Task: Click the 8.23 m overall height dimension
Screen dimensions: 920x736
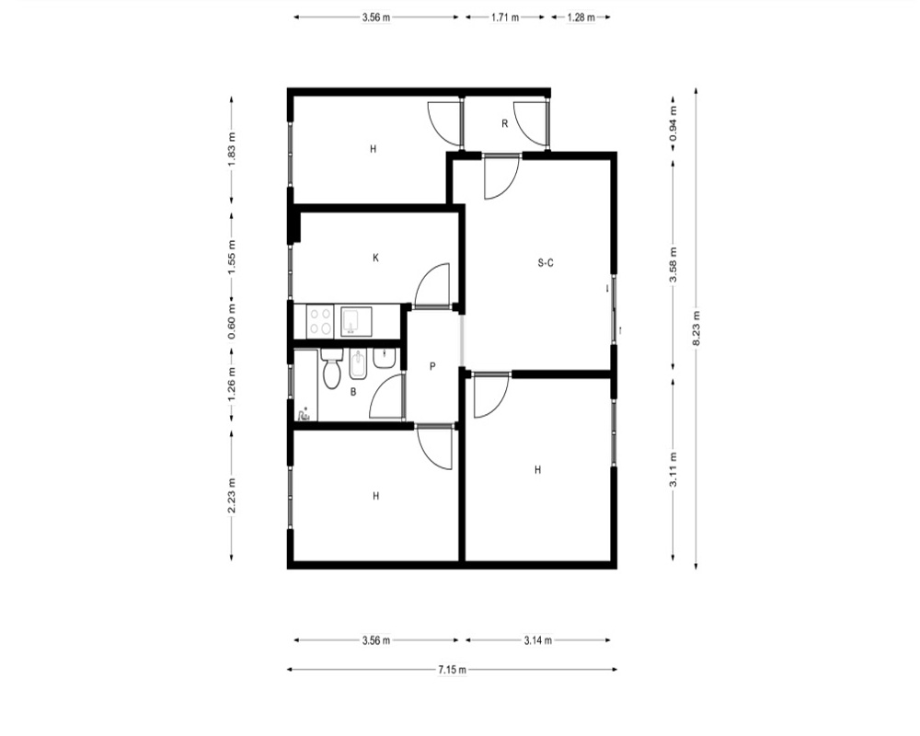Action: point(696,328)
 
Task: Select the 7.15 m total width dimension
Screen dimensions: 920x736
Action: point(453,670)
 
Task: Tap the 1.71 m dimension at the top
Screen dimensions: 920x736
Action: point(505,17)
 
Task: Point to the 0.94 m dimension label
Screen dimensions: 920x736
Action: point(673,122)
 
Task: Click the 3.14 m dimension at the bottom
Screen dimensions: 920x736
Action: point(538,640)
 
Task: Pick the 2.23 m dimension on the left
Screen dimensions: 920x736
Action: point(232,495)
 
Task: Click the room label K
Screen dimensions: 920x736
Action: point(375,258)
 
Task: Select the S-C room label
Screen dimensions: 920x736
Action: point(546,263)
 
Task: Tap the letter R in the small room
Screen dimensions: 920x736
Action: point(504,124)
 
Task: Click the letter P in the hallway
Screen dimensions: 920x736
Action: point(432,367)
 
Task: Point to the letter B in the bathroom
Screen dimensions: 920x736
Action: point(353,392)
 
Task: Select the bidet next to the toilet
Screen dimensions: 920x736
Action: point(357,365)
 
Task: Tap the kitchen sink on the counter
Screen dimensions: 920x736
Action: point(355,321)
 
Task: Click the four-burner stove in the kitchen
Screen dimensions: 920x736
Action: point(320,321)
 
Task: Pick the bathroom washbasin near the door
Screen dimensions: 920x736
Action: point(385,358)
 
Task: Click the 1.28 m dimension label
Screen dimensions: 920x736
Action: point(581,17)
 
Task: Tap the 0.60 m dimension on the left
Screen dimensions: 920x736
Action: point(232,321)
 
